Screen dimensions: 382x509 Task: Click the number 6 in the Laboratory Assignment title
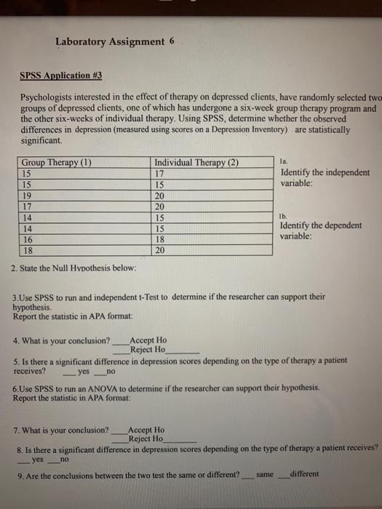[x=172, y=41]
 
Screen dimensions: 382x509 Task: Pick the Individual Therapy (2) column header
[x=196, y=162]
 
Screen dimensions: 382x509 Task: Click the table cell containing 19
[x=28, y=195]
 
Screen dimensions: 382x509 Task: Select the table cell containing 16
[x=28, y=239]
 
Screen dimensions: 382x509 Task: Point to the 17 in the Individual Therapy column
[x=161, y=173]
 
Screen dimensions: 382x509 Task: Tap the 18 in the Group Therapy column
[x=28, y=249]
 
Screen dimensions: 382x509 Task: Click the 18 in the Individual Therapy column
[x=161, y=239]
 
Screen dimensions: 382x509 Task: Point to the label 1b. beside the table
[x=284, y=216]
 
